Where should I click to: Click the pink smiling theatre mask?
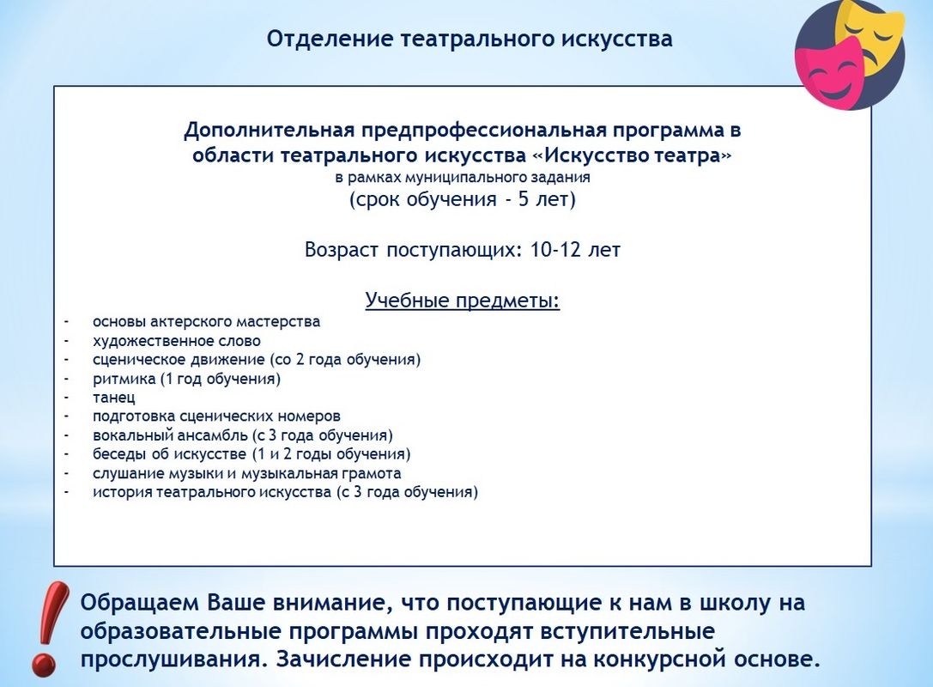(829, 71)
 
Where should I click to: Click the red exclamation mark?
(50, 628)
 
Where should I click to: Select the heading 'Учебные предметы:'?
(463, 300)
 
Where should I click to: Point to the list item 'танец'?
(113, 397)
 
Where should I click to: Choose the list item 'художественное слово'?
(177, 341)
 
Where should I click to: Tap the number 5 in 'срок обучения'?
(523, 199)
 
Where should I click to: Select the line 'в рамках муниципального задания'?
(463, 177)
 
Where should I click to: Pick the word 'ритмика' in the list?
(124, 379)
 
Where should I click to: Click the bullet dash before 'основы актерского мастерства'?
(67, 322)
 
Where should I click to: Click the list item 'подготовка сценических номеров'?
(216, 416)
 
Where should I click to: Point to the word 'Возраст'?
(341, 249)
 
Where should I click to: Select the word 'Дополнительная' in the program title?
(269, 130)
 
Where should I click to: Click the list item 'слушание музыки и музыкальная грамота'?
(247, 473)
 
